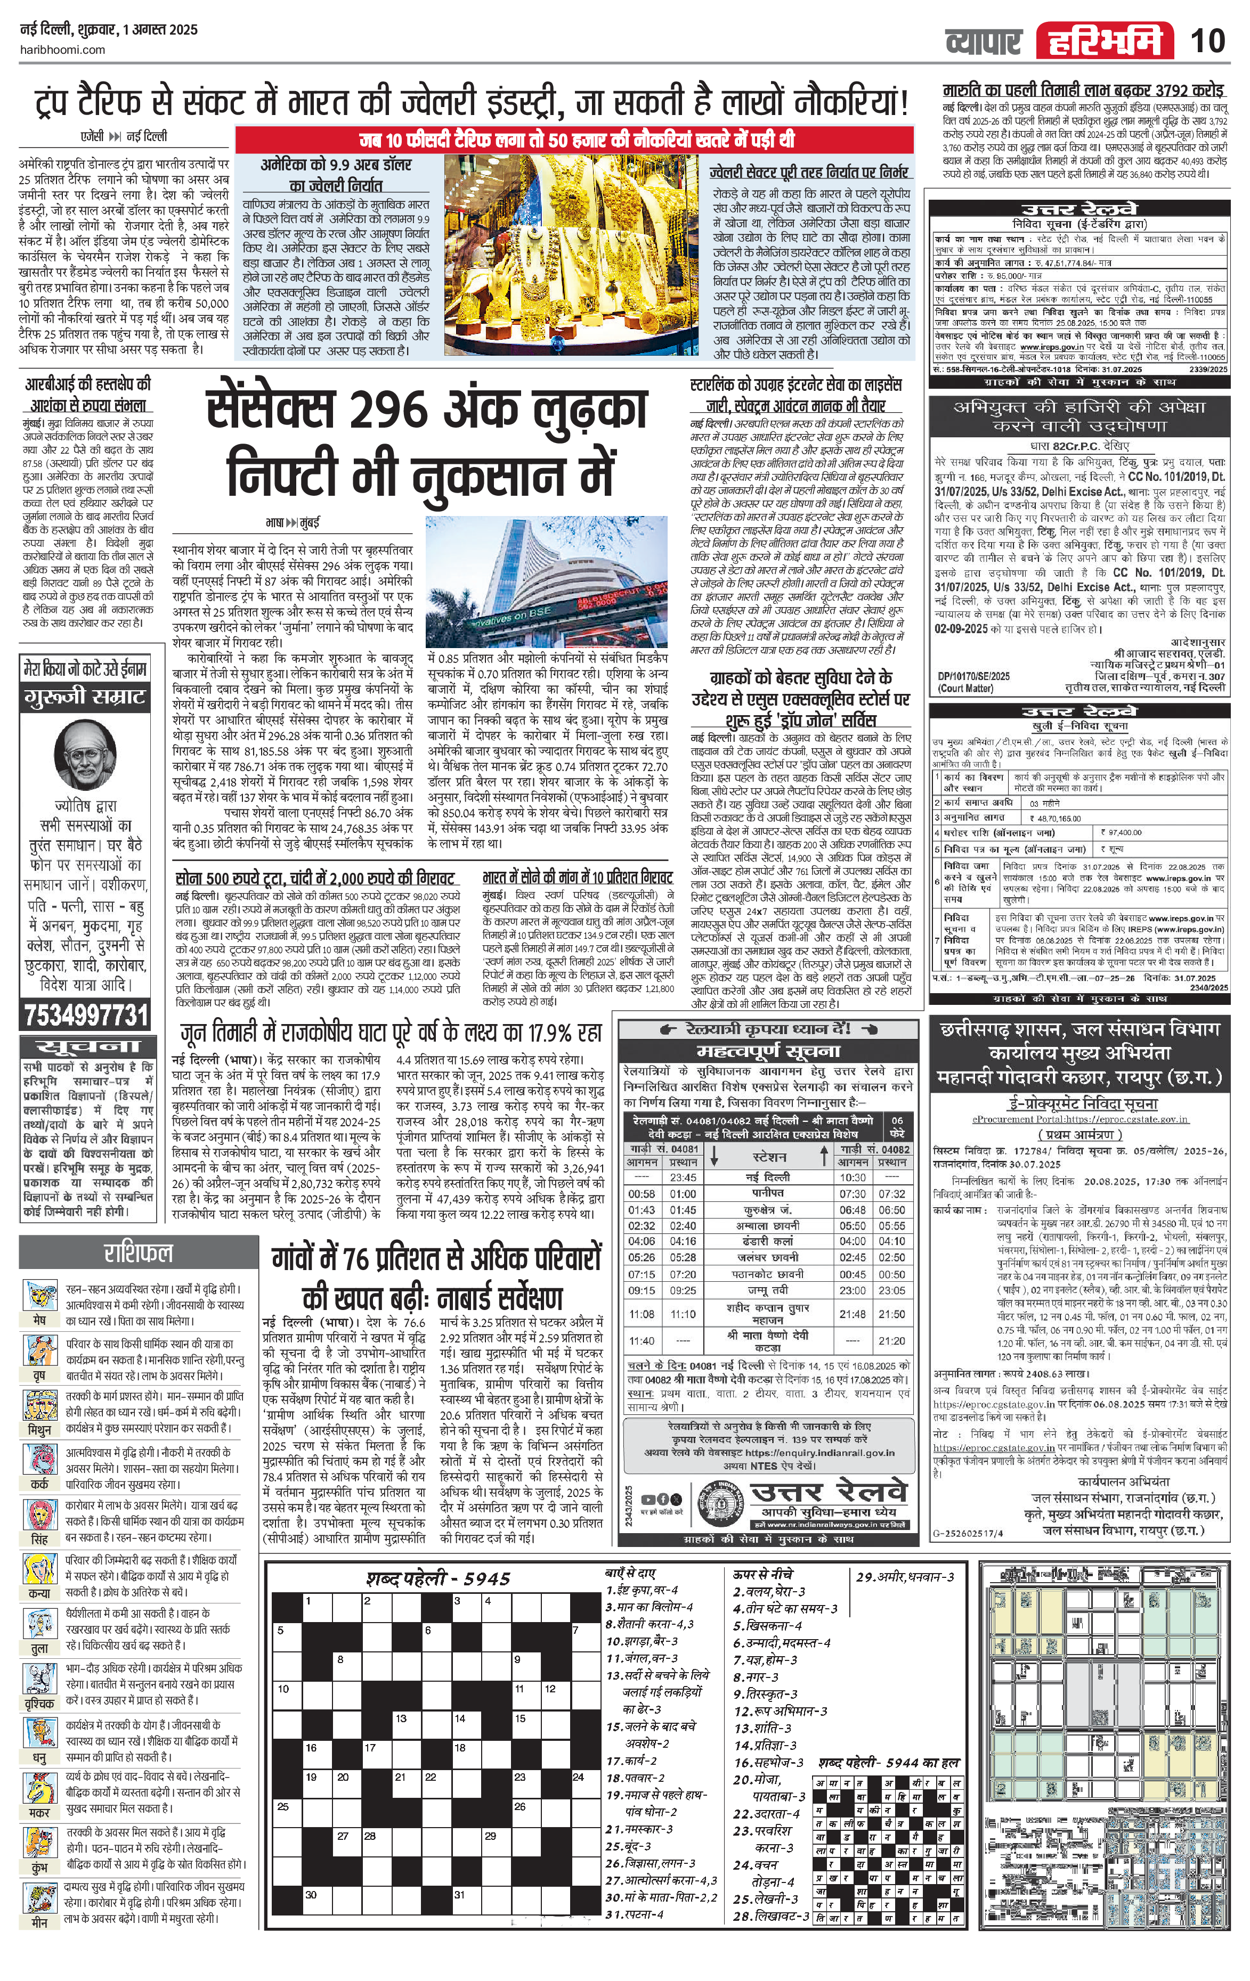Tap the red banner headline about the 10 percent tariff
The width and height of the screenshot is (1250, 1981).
click(x=574, y=139)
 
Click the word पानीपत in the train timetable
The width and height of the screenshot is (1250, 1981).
click(x=766, y=1193)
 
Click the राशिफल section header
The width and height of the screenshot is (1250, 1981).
click(x=137, y=1253)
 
